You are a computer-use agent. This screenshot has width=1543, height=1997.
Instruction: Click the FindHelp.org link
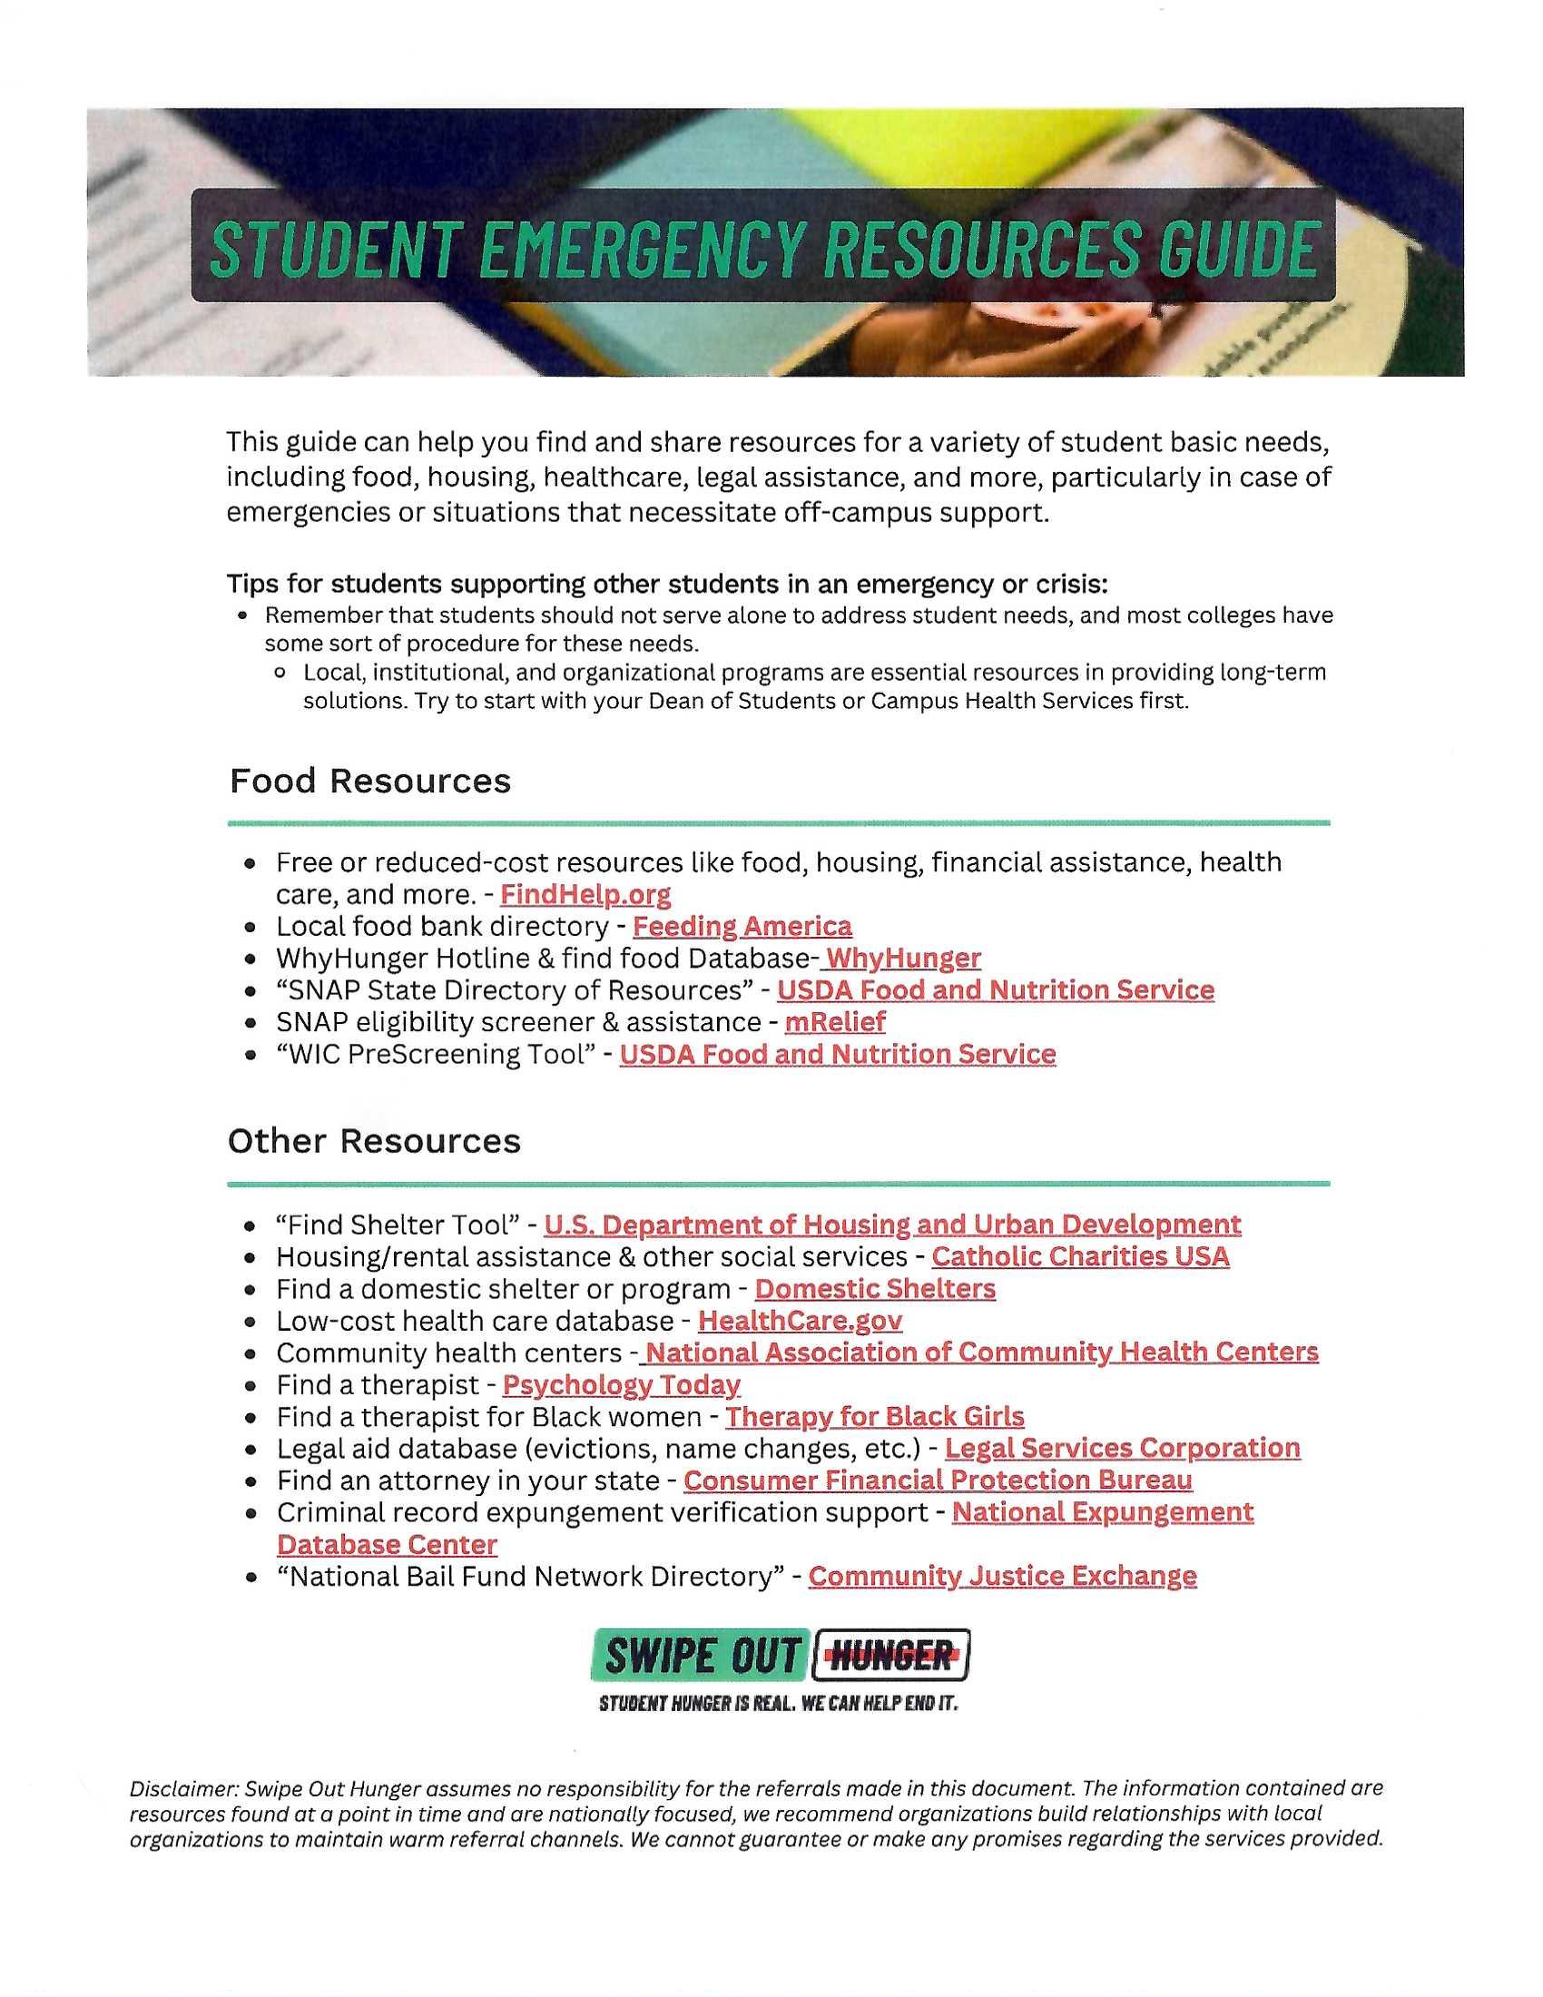click(x=585, y=894)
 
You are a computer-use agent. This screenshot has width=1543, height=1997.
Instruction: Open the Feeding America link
click(x=742, y=926)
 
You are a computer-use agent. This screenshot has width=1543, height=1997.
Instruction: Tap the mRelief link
click(x=834, y=1021)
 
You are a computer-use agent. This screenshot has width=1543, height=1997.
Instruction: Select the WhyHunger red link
click(x=902, y=959)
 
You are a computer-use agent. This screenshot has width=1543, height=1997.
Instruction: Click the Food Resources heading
click(x=369, y=781)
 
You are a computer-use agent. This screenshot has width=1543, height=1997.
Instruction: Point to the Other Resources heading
click(x=374, y=1141)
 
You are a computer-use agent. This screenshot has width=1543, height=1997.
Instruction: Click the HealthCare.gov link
click(x=800, y=1321)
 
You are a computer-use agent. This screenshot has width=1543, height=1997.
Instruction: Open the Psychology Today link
click(x=621, y=1384)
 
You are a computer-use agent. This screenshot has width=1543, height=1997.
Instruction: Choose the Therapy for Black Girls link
click(x=874, y=1416)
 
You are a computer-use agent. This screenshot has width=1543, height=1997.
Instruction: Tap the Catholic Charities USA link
click(x=1079, y=1256)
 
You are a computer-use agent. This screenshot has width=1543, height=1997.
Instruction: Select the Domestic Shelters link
click(x=874, y=1288)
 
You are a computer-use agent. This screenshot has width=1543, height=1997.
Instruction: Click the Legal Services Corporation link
click(x=1122, y=1449)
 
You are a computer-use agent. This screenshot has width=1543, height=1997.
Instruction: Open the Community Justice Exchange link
click(x=1002, y=1577)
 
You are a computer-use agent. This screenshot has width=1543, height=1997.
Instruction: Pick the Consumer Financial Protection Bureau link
click(x=937, y=1481)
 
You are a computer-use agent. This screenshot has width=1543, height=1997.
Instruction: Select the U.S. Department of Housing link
click(x=891, y=1225)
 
